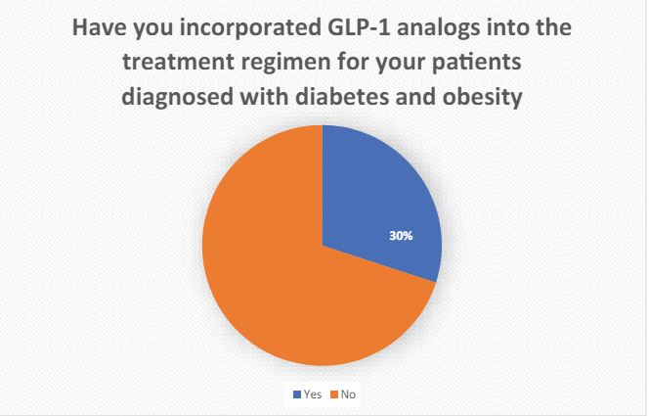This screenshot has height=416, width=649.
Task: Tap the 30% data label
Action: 401,236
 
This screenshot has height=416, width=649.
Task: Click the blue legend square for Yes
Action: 297,394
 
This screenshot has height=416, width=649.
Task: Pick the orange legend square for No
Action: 334,394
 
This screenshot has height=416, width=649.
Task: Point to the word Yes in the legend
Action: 313,394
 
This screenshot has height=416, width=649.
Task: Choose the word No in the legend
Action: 348,394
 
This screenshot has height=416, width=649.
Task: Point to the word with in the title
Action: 265,97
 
